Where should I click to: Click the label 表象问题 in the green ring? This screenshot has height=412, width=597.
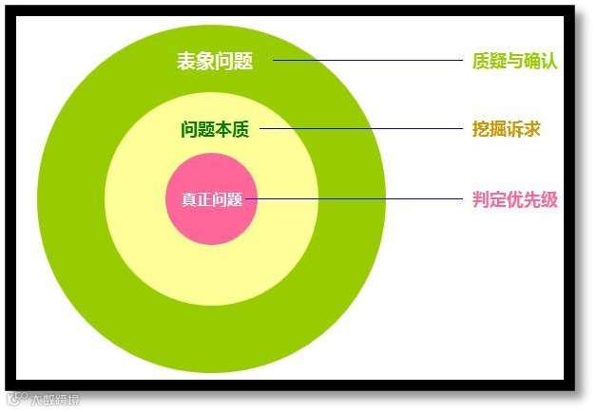(215, 61)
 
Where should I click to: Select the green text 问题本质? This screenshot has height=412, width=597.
(215, 129)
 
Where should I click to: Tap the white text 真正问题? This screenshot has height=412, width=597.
(212, 199)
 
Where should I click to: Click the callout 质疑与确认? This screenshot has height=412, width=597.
(514, 61)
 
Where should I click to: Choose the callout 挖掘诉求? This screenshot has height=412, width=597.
(507, 128)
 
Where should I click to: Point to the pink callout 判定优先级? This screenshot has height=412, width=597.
(514, 199)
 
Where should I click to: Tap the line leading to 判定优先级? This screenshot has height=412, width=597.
(361, 199)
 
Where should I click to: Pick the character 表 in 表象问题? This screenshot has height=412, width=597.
(186, 61)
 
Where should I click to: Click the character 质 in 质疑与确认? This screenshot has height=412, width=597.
(481, 61)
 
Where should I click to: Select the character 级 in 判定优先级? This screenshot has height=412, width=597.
(549, 199)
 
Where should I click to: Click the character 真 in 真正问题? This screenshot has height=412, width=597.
(189, 199)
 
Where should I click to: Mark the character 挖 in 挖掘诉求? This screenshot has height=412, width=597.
(481, 128)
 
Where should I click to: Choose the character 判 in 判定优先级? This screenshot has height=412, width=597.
(481, 199)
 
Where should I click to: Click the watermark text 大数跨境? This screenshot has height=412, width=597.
(55, 400)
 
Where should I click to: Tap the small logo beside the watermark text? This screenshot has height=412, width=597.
(15, 399)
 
